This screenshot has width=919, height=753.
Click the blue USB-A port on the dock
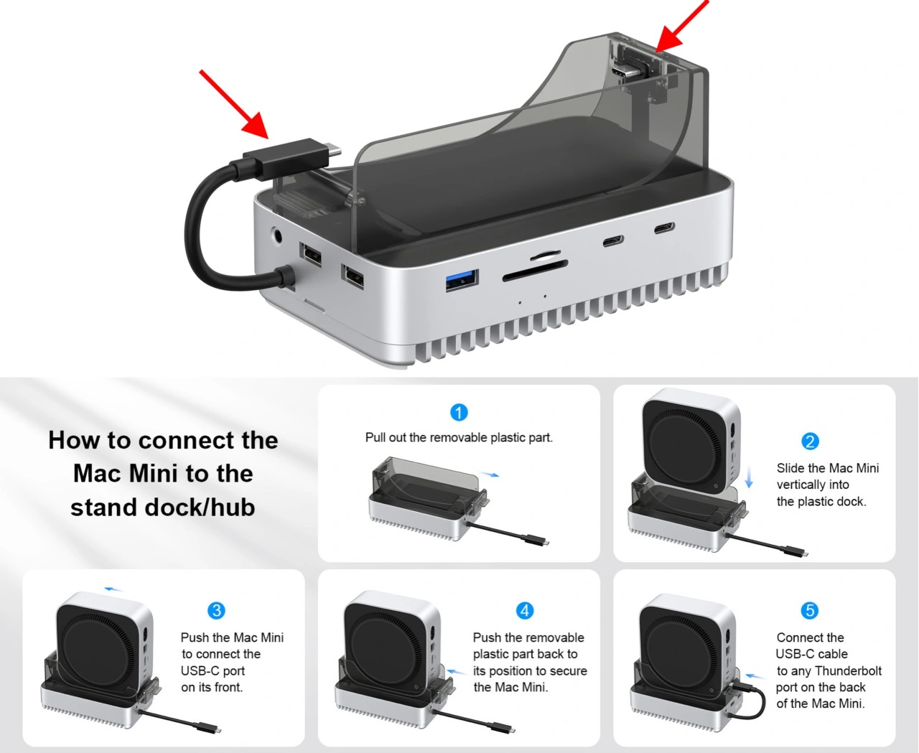point(462,280)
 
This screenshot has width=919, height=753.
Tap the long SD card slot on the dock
point(535,271)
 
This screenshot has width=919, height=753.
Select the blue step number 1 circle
point(458,412)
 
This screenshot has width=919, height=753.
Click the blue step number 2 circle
point(810,441)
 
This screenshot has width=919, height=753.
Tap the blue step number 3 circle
point(217,610)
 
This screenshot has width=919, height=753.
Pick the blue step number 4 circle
point(525,610)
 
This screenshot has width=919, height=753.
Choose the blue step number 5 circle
point(810,610)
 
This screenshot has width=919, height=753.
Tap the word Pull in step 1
point(374,437)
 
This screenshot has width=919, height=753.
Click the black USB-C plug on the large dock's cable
point(285,159)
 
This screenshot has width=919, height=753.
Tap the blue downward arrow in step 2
point(749,477)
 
